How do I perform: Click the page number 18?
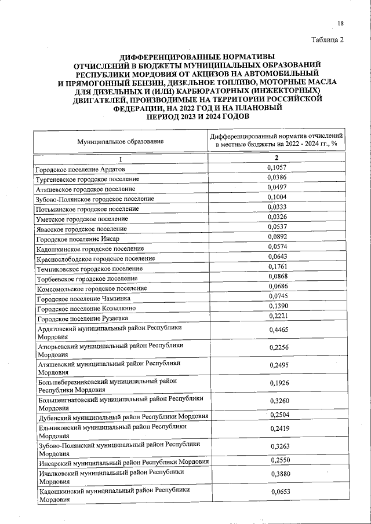pos(341,23)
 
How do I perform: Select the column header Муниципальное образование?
pos(121,141)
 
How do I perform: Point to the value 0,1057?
pos(277,167)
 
